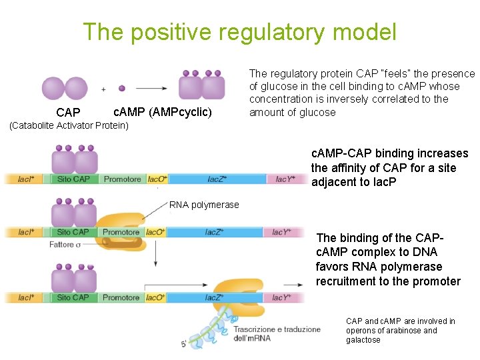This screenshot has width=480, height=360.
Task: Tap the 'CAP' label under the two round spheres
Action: coord(68,113)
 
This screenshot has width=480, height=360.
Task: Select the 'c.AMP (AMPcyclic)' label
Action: coord(163,112)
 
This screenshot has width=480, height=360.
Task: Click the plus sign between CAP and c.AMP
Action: coord(103,89)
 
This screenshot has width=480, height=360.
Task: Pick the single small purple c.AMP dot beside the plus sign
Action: coord(121,88)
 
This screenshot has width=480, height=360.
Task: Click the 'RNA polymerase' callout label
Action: coord(204,205)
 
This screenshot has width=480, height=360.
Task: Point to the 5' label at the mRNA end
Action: coord(183,345)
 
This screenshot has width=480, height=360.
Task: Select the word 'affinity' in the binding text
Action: coord(349,168)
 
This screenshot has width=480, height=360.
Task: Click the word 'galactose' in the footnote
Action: coord(363,340)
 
